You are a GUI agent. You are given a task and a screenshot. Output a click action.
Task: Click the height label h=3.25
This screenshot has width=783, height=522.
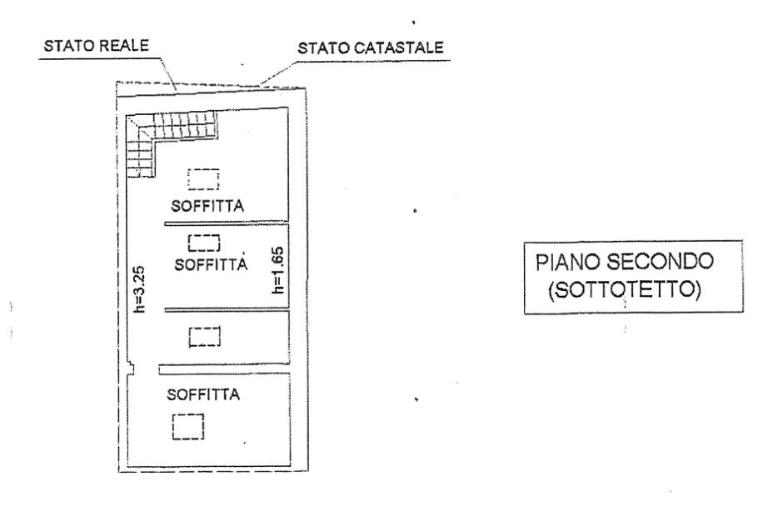(140, 289)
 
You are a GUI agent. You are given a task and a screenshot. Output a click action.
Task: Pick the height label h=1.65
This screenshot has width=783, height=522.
(277, 270)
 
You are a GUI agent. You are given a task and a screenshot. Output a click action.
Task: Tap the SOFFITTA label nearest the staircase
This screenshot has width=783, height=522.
(207, 205)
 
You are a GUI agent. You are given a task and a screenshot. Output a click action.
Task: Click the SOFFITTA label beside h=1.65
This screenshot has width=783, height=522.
(211, 264)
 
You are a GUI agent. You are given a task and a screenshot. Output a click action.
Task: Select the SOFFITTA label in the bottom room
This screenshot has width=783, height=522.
(203, 394)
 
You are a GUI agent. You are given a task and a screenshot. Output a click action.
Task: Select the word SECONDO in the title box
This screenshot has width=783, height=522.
(660, 262)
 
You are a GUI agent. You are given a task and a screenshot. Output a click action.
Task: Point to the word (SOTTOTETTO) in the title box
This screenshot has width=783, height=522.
(625, 289)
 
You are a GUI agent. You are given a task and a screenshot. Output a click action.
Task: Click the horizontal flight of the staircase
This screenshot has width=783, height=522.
(186, 126)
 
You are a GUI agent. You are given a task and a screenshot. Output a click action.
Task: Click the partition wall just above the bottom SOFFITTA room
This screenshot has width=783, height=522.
(224, 369)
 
